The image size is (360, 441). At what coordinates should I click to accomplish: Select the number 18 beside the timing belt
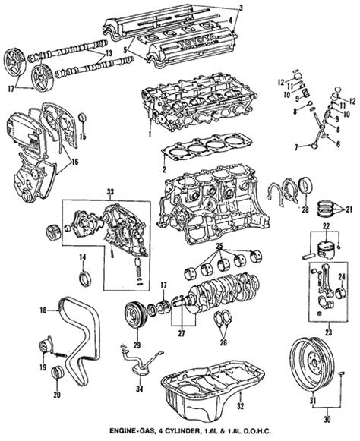43,309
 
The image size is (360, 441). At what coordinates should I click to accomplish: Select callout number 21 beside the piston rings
349,209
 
